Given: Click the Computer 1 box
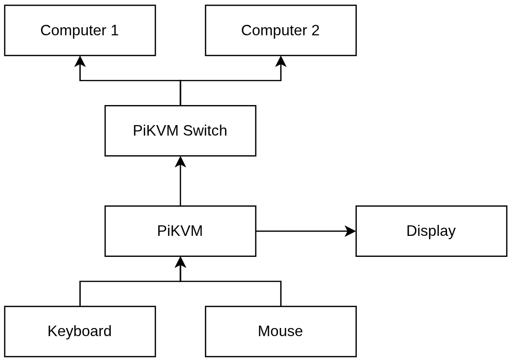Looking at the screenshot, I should [80, 31].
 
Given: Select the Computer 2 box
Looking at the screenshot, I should [280, 31].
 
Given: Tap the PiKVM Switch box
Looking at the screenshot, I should [180, 131].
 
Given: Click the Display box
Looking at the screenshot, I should [431, 231].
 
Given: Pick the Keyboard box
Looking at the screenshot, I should [80, 331].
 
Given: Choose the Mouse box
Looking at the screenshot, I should [280, 331].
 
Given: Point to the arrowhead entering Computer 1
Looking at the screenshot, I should [80, 61].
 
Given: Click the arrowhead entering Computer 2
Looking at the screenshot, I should [281, 61].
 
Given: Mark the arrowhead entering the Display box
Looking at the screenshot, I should [351, 231].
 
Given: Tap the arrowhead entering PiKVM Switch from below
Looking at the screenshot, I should [180, 161].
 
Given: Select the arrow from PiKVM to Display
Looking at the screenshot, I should [301, 231].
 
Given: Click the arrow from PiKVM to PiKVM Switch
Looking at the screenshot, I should [180, 186].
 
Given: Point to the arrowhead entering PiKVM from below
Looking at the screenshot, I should [180, 262].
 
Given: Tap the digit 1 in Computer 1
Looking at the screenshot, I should [114, 31].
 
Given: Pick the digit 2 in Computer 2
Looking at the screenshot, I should [315, 31].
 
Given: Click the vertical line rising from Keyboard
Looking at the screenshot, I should [80, 294].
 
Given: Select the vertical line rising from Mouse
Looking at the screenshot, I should [281, 294].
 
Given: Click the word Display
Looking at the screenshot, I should [431, 231].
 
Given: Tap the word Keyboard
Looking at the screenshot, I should [80, 331].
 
